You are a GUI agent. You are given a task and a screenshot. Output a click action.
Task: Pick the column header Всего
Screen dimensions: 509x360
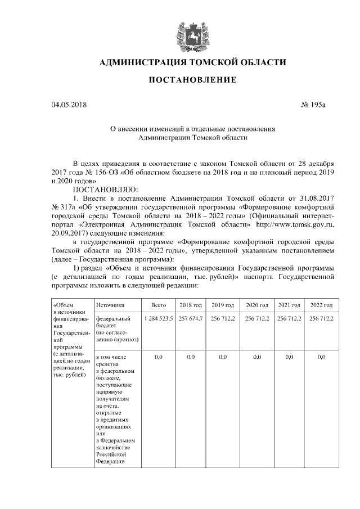pos(158,305)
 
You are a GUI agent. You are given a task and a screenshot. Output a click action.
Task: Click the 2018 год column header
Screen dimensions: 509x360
pos(190,305)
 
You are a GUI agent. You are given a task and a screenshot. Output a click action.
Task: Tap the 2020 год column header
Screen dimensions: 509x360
pos(257,305)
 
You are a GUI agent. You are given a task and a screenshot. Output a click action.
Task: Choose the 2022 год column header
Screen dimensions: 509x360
pos(322,305)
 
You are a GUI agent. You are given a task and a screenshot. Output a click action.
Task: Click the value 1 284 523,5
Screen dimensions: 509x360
pos(158,318)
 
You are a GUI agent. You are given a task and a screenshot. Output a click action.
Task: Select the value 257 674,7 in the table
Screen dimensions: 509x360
pos(190,318)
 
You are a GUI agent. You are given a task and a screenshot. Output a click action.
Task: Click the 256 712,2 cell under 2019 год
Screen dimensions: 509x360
pos(223,318)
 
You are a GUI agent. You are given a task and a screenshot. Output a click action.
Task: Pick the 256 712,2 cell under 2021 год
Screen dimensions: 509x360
pos(290,318)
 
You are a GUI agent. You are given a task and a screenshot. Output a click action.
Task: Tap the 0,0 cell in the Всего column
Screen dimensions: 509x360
pos(158,357)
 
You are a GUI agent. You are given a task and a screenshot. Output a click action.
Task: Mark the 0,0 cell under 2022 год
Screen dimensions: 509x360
pos(322,357)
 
